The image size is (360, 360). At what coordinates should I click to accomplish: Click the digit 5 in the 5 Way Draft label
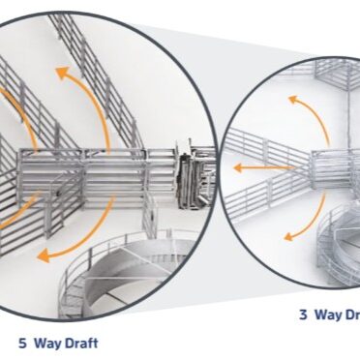tap(22, 342)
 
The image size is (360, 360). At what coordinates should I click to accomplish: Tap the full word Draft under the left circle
tap(81, 342)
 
